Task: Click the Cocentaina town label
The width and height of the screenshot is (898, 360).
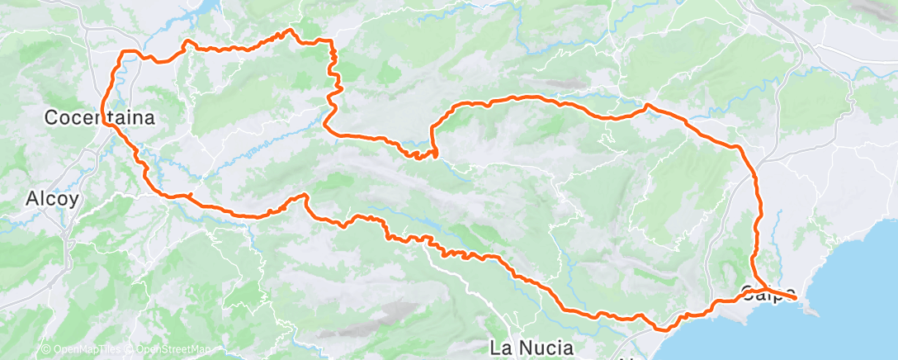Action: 99,118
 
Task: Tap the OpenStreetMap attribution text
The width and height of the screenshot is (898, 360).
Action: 173,349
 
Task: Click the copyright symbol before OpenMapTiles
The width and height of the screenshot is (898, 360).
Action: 46,349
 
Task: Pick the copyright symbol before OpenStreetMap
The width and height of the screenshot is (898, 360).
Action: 130,349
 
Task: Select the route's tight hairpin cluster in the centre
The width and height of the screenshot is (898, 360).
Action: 423,154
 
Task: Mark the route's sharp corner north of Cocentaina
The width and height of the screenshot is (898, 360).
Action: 125,52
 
